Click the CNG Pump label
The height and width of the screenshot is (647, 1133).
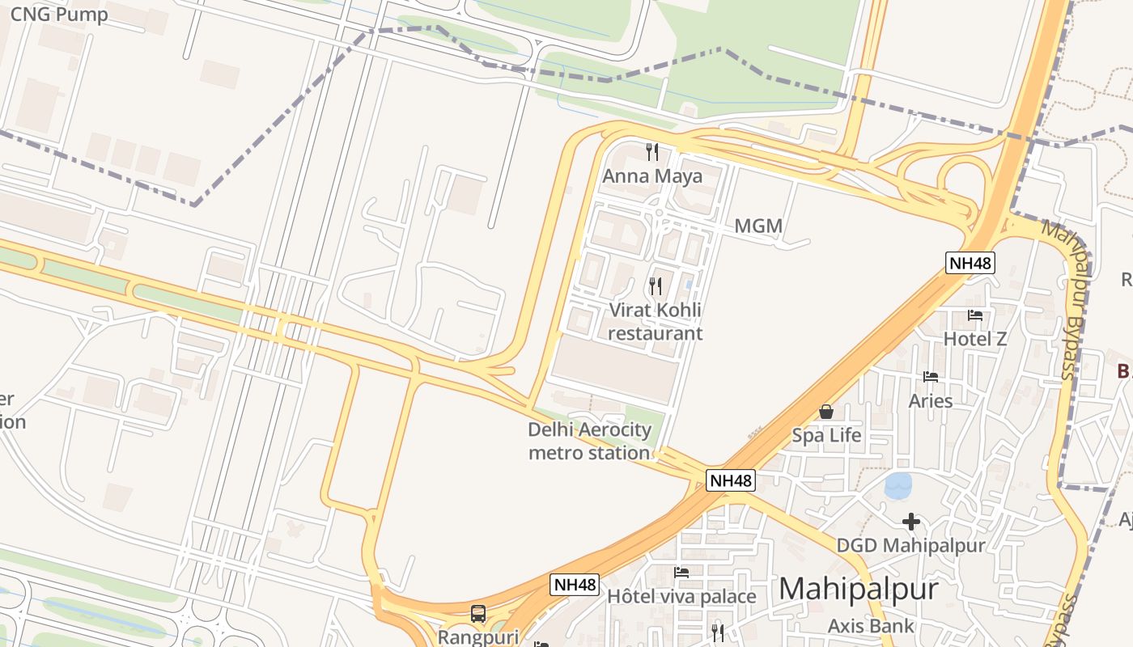pyautogui.click(x=59, y=15)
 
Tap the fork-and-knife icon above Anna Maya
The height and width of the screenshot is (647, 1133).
pyautogui.click(x=652, y=151)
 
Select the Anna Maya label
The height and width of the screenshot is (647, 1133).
pyautogui.click(x=652, y=175)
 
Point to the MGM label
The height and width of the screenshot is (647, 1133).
pyautogui.click(x=758, y=226)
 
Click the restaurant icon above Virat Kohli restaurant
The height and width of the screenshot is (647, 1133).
pyautogui.click(x=656, y=285)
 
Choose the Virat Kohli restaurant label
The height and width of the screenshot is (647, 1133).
pyautogui.click(x=656, y=322)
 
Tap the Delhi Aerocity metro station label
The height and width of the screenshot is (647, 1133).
pyautogui.click(x=589, y=441)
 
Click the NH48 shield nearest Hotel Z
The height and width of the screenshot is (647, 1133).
pyautogui.click(x=970, y=262)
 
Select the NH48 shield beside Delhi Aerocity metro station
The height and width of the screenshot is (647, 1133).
pyautogui.click(x=731, y=480)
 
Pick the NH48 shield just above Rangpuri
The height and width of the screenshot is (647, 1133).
pyautogui.click(x=575, y=585)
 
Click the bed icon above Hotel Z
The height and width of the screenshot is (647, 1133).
pyautogui.click(x=975, y=315)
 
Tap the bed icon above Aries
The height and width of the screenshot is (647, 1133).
pyautogui.click(x=931, y=377)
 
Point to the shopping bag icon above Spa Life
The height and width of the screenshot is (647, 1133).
pyautogui.click(x=826, y=412)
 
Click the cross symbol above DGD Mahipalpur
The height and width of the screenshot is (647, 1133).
pyautogui.click(x=911, y=522)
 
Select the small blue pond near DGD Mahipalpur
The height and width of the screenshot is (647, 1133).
pyautogui.click(x=898, y=486)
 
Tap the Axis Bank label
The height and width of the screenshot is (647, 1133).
pyautogui.click(x=871, y=625)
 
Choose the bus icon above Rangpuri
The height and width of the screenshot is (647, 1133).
pyautogui.click(x=478, y=613)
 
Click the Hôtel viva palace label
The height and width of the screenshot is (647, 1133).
pyautogui.click(x=681, y=597)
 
